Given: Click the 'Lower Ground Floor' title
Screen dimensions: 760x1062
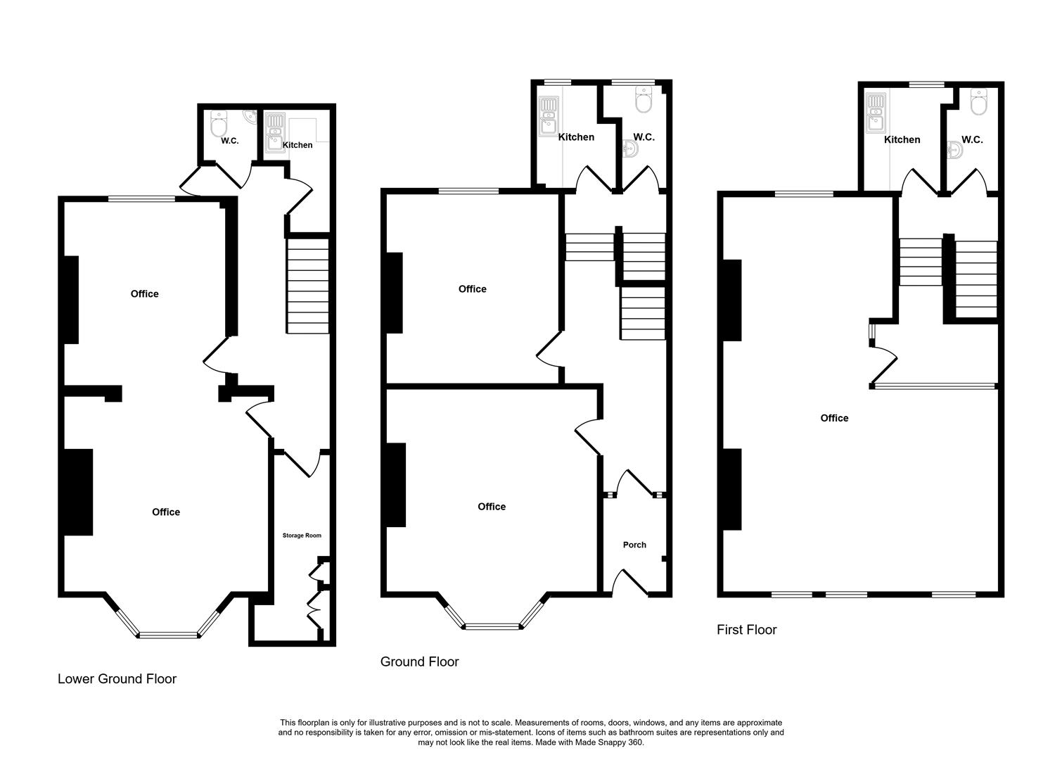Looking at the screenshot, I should pos(117,679).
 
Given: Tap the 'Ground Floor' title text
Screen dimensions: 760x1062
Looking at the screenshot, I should pos(419,662).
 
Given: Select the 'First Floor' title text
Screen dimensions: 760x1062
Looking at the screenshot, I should pos(746,630).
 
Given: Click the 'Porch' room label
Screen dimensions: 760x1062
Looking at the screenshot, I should pos(634,545).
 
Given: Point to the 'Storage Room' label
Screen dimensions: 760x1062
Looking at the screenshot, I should pos(302,536).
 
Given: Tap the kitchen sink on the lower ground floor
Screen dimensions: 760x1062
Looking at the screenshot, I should pos(273,134).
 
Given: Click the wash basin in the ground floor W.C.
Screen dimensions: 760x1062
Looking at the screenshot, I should pos(630,149).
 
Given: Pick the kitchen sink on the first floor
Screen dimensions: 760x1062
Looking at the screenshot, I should pos(875,113).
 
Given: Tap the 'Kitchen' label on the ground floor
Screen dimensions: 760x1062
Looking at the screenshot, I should pos(576,137).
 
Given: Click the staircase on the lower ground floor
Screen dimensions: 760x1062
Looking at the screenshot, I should pos(307,286).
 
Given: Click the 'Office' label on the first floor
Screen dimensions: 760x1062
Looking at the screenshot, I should pos(834,418).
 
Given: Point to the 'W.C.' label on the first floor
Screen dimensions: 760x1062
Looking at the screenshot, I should pos(972,140).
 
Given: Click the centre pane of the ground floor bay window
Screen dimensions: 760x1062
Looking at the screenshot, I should pos(492,625).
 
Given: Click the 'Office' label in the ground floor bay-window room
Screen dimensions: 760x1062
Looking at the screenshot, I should pos(491,507).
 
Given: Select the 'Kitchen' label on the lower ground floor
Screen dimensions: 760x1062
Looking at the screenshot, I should pos(298,145).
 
